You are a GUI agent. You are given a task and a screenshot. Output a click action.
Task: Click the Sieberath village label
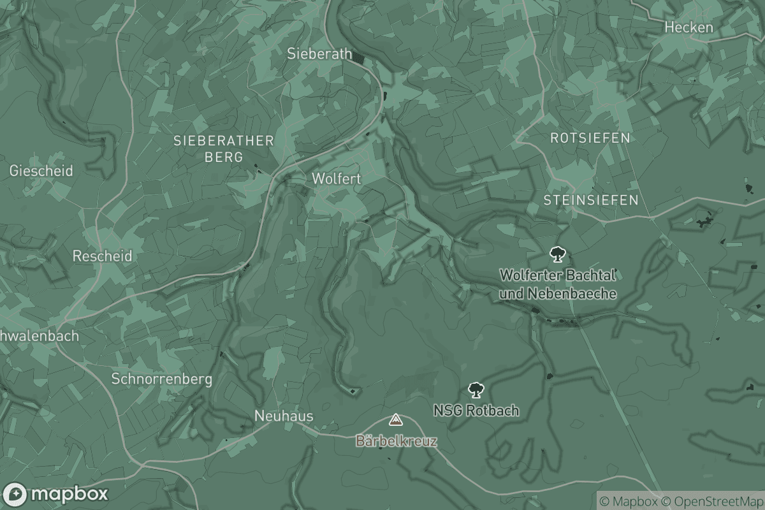coord(319,54)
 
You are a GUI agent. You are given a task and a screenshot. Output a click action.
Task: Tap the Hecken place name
coord(688,27)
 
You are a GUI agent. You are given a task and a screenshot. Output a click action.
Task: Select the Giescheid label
coord(41,171)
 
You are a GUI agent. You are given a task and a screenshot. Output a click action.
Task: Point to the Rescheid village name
coord(103,256)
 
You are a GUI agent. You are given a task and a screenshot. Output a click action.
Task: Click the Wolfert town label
coord(336,179)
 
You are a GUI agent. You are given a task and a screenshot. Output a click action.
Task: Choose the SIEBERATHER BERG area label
coord(224,149)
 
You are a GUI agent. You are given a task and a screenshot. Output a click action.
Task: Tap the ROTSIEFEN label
coord(590,138)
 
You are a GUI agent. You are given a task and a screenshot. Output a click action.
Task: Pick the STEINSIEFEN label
coord(590,200)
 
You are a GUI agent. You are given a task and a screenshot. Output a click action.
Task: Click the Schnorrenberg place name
coord(161,379)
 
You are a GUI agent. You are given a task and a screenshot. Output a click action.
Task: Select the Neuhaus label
coord(284,416)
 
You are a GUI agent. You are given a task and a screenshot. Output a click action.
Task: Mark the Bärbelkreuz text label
coord(397,441)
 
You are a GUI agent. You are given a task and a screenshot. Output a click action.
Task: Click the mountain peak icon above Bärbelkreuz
coord(396,420)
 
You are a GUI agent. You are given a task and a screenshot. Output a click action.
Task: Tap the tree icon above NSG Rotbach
coord(475,390)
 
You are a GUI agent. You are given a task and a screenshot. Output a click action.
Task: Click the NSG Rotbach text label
coord(476,411)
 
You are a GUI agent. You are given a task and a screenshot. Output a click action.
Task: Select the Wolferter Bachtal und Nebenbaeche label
coord(558,284)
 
